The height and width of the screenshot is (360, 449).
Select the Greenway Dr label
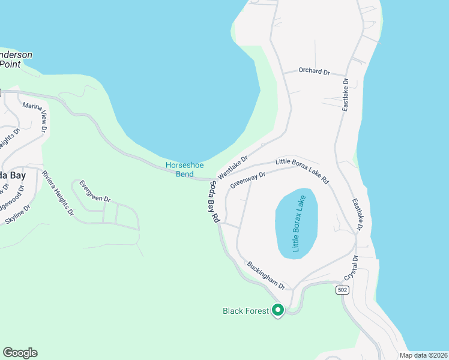247,180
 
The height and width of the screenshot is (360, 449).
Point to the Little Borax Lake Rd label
303,170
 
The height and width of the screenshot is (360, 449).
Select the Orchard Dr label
315,71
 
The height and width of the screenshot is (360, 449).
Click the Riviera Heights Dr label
58,193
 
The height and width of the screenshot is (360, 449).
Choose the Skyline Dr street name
18,218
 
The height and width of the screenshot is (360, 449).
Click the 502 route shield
342,290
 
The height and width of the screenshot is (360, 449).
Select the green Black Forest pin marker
277,310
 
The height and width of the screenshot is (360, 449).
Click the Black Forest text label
246,311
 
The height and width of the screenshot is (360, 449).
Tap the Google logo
20,353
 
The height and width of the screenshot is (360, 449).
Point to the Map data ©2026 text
423,355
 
